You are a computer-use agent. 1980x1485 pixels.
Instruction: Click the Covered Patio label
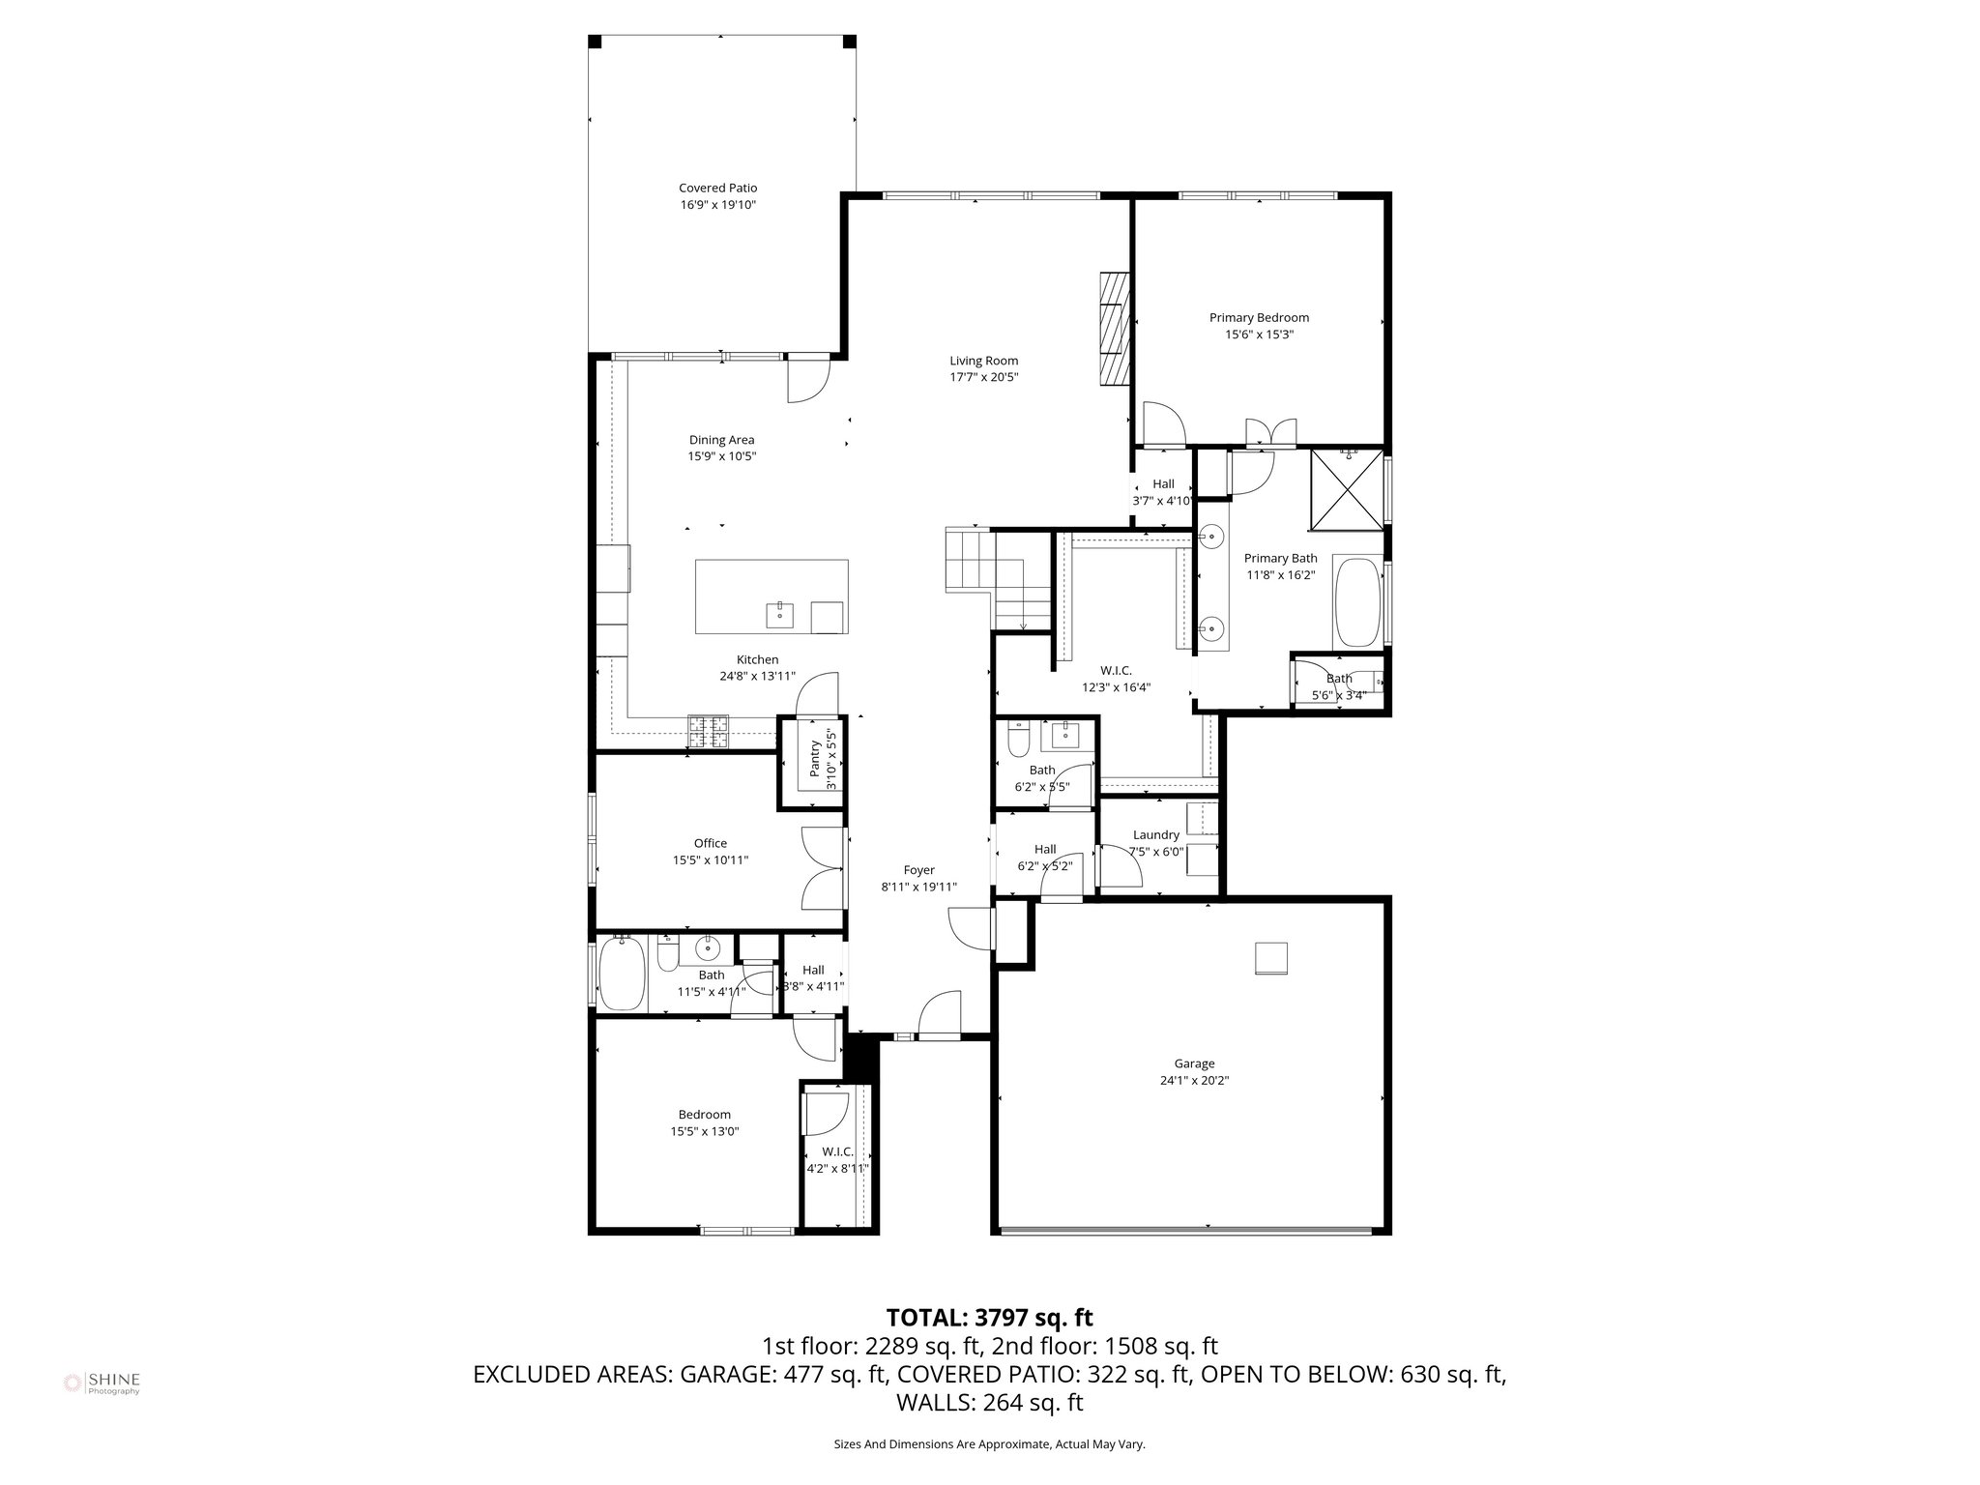coord(717,189)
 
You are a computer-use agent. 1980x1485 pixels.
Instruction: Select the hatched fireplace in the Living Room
coord(1114,329)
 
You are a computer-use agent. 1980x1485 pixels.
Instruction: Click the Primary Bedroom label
coord(1259,317)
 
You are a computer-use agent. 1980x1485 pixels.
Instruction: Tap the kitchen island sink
coord(779,614)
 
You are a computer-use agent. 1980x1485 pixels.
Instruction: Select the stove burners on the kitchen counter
coord(708,731)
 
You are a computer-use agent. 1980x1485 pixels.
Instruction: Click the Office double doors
coord(825,868)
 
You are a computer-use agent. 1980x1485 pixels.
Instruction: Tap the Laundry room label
coord(1155,834)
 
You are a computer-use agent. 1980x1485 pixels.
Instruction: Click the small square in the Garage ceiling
coord(1271,958)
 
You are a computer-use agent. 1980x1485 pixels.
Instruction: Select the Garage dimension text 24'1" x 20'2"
coord(1194,1081)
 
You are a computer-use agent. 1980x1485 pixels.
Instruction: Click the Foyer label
coord(918,870)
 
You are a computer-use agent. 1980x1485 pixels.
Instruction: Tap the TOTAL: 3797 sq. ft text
coord(989,1317)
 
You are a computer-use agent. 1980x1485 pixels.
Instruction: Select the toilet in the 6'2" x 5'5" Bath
coord(1018,742)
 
